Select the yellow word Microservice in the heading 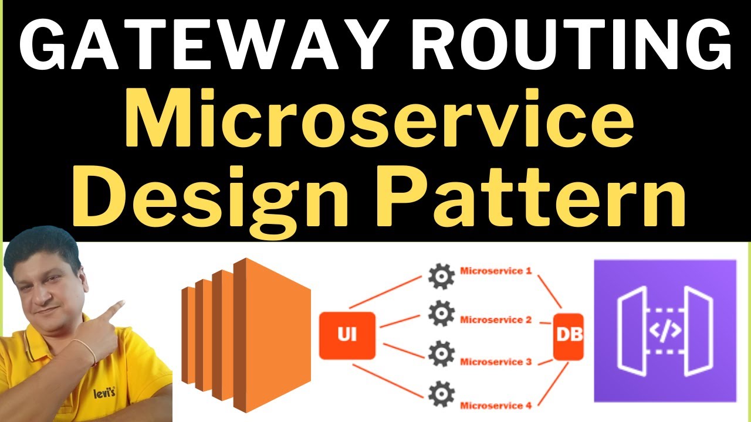pos(378,123)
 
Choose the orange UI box pos(347,336)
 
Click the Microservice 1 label pos(496,271)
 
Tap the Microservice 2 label pos(496,319)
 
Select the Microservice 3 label pos(496,362)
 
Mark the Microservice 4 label pos(496,405)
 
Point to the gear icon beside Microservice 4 pos(441,393)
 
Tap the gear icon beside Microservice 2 pos(441,314)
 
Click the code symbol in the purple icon pos(665,331)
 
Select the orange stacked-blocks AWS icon pos(246,334)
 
